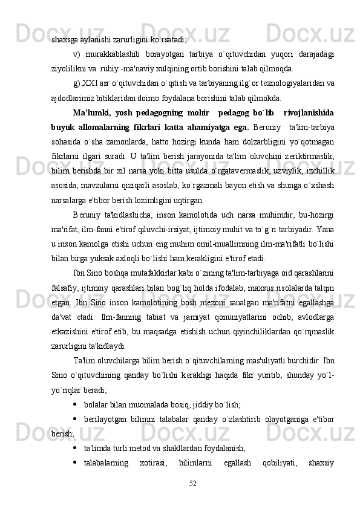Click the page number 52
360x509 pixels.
point(192,482)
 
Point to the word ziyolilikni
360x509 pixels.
point(68,68)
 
